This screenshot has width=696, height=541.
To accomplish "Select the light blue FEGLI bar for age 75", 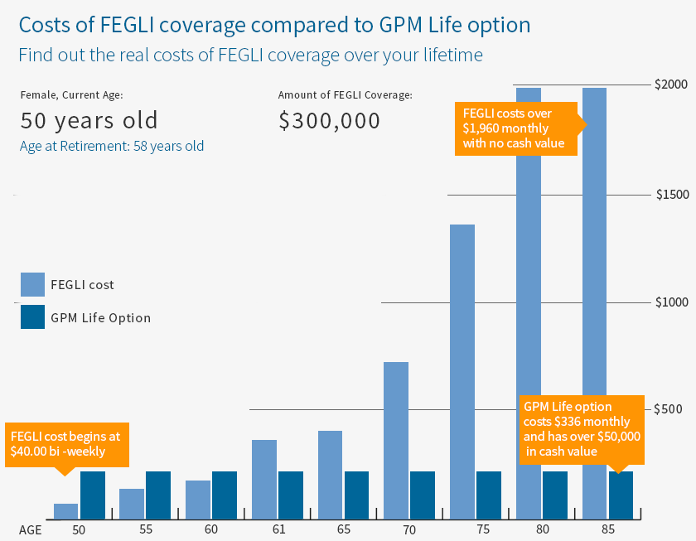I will click(x=462, y=372).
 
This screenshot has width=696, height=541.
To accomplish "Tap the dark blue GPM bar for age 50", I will click(x=92, y=495).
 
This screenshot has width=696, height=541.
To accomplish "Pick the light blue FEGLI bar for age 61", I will click(x=263, y=480).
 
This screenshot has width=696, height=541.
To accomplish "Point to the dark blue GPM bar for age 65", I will click(x=356, y=495).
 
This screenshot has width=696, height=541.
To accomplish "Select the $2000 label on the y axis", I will click(x=670, y=85).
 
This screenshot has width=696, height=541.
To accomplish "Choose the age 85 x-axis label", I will click(x=607, y=528).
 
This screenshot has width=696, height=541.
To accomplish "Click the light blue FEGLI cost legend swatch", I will click(x=33, y=284).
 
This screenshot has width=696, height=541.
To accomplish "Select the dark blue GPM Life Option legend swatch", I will click(x=33, y=317).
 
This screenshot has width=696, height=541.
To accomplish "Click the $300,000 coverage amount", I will click(x=329, y=121).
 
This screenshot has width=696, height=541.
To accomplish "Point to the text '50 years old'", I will click(x=89, y=121).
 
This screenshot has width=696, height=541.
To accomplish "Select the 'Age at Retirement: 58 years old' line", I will click(x=112, y=146).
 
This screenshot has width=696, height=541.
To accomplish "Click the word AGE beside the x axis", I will click(x=31, y=528).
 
